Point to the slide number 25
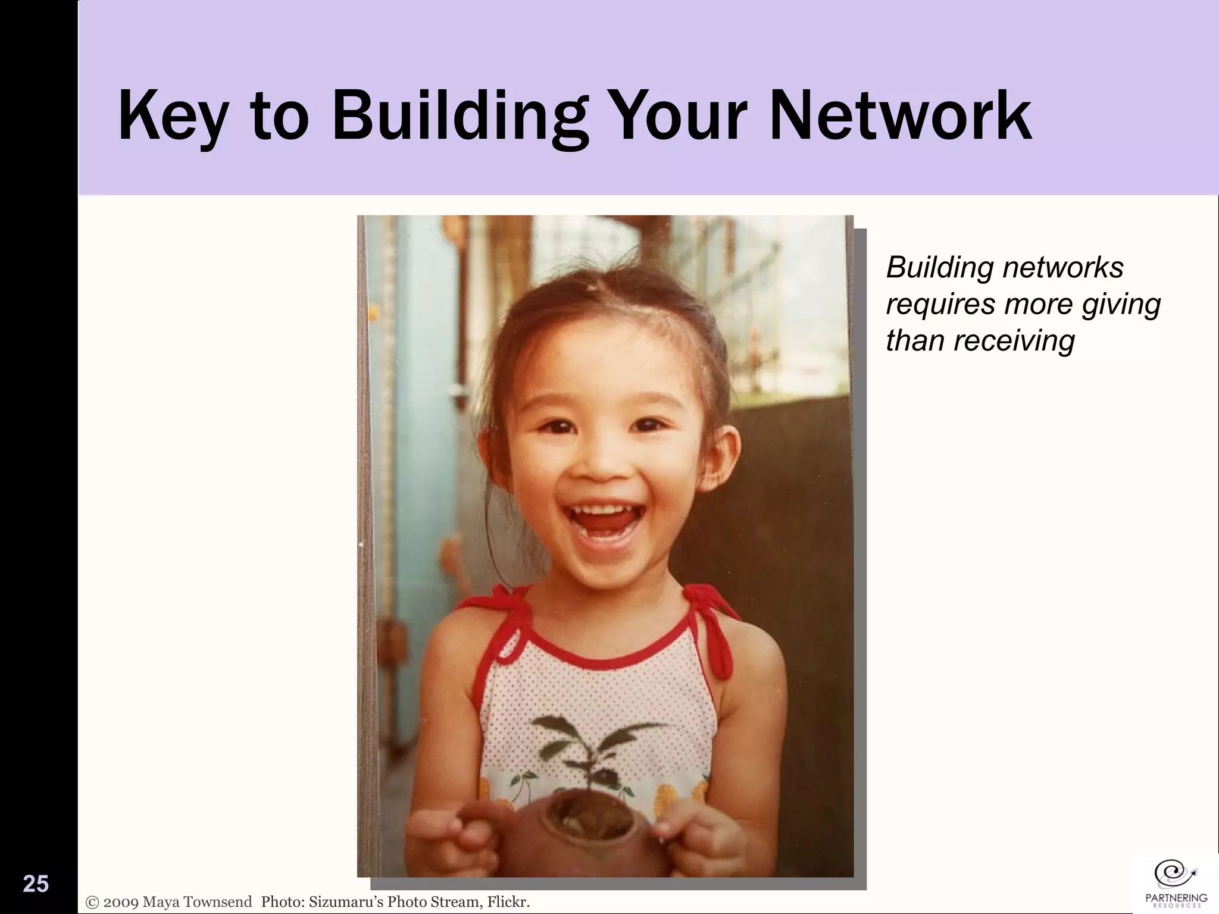point(36,884)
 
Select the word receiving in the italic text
point(1015,340)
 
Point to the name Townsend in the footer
point(218,902)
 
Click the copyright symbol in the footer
point(93,902)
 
